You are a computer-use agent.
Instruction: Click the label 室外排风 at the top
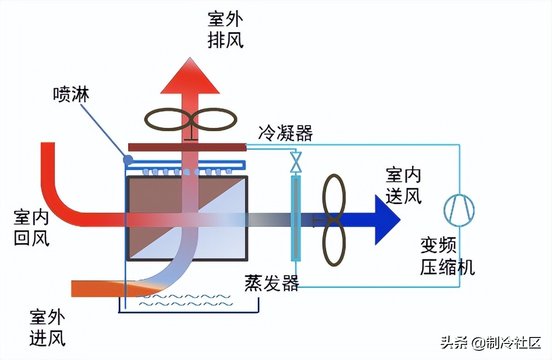pyautogui.click(x=225, y=30)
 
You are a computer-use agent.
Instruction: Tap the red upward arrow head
pyautogui.click(x=190, y=78)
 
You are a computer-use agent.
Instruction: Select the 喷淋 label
pyautogui.click(x=71, y=94)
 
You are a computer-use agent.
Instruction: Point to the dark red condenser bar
pyautogui.click(x=187, y=147)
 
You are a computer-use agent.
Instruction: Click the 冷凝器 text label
pyautogui.click(x=285, y=134)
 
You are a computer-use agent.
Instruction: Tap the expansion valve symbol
pyautogui.click(x=295, y=163)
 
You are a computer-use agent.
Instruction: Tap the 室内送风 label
pyautogui.click(x=403, y=186)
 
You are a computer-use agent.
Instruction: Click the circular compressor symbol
pyautogui.click(x=459, y=210)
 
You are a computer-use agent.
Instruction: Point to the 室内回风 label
pyautogui.click(x=31, y=227)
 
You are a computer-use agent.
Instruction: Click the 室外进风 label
pyautogui.click(x=47, y=328)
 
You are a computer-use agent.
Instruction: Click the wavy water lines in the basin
pyautogui.click(x=184, y=300)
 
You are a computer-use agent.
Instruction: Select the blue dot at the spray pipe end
pyautogui.click(x=128, y=160)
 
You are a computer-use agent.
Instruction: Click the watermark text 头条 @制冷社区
pyautogui.click(x=491, y=343)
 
